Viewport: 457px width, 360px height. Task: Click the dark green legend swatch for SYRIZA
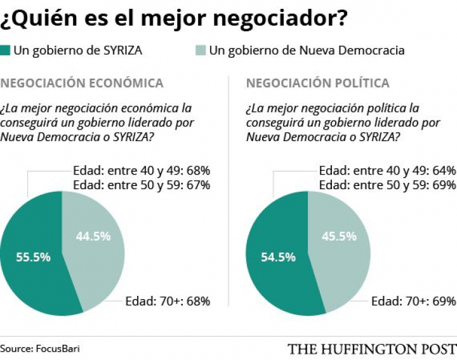coord(6,50)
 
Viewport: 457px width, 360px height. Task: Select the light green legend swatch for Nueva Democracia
coord(200,50)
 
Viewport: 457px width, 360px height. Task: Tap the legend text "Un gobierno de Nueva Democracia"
coord(307,50)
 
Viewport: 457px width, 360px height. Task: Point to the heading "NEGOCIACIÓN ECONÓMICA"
coord(82,83)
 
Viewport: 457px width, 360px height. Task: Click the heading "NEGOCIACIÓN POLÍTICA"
coord(317,83)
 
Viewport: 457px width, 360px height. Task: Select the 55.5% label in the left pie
coord(33,257)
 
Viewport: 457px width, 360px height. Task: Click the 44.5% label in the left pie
coord(93,236)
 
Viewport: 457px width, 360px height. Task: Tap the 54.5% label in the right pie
coord(278,257)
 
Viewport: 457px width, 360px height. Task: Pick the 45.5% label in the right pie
coord(339,237)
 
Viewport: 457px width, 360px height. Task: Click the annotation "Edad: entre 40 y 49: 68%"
coord(142,171)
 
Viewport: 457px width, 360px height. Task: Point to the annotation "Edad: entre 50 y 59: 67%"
coord(142,185)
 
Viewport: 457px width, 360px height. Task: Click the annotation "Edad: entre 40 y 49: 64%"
coord(387,171)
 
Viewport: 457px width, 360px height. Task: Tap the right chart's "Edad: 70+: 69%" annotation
coord(413,301)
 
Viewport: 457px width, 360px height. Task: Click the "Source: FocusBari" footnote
coord(40,349)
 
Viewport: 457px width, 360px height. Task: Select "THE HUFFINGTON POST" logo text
coord(372,349)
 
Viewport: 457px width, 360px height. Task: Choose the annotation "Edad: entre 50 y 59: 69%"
coord(387,185)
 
